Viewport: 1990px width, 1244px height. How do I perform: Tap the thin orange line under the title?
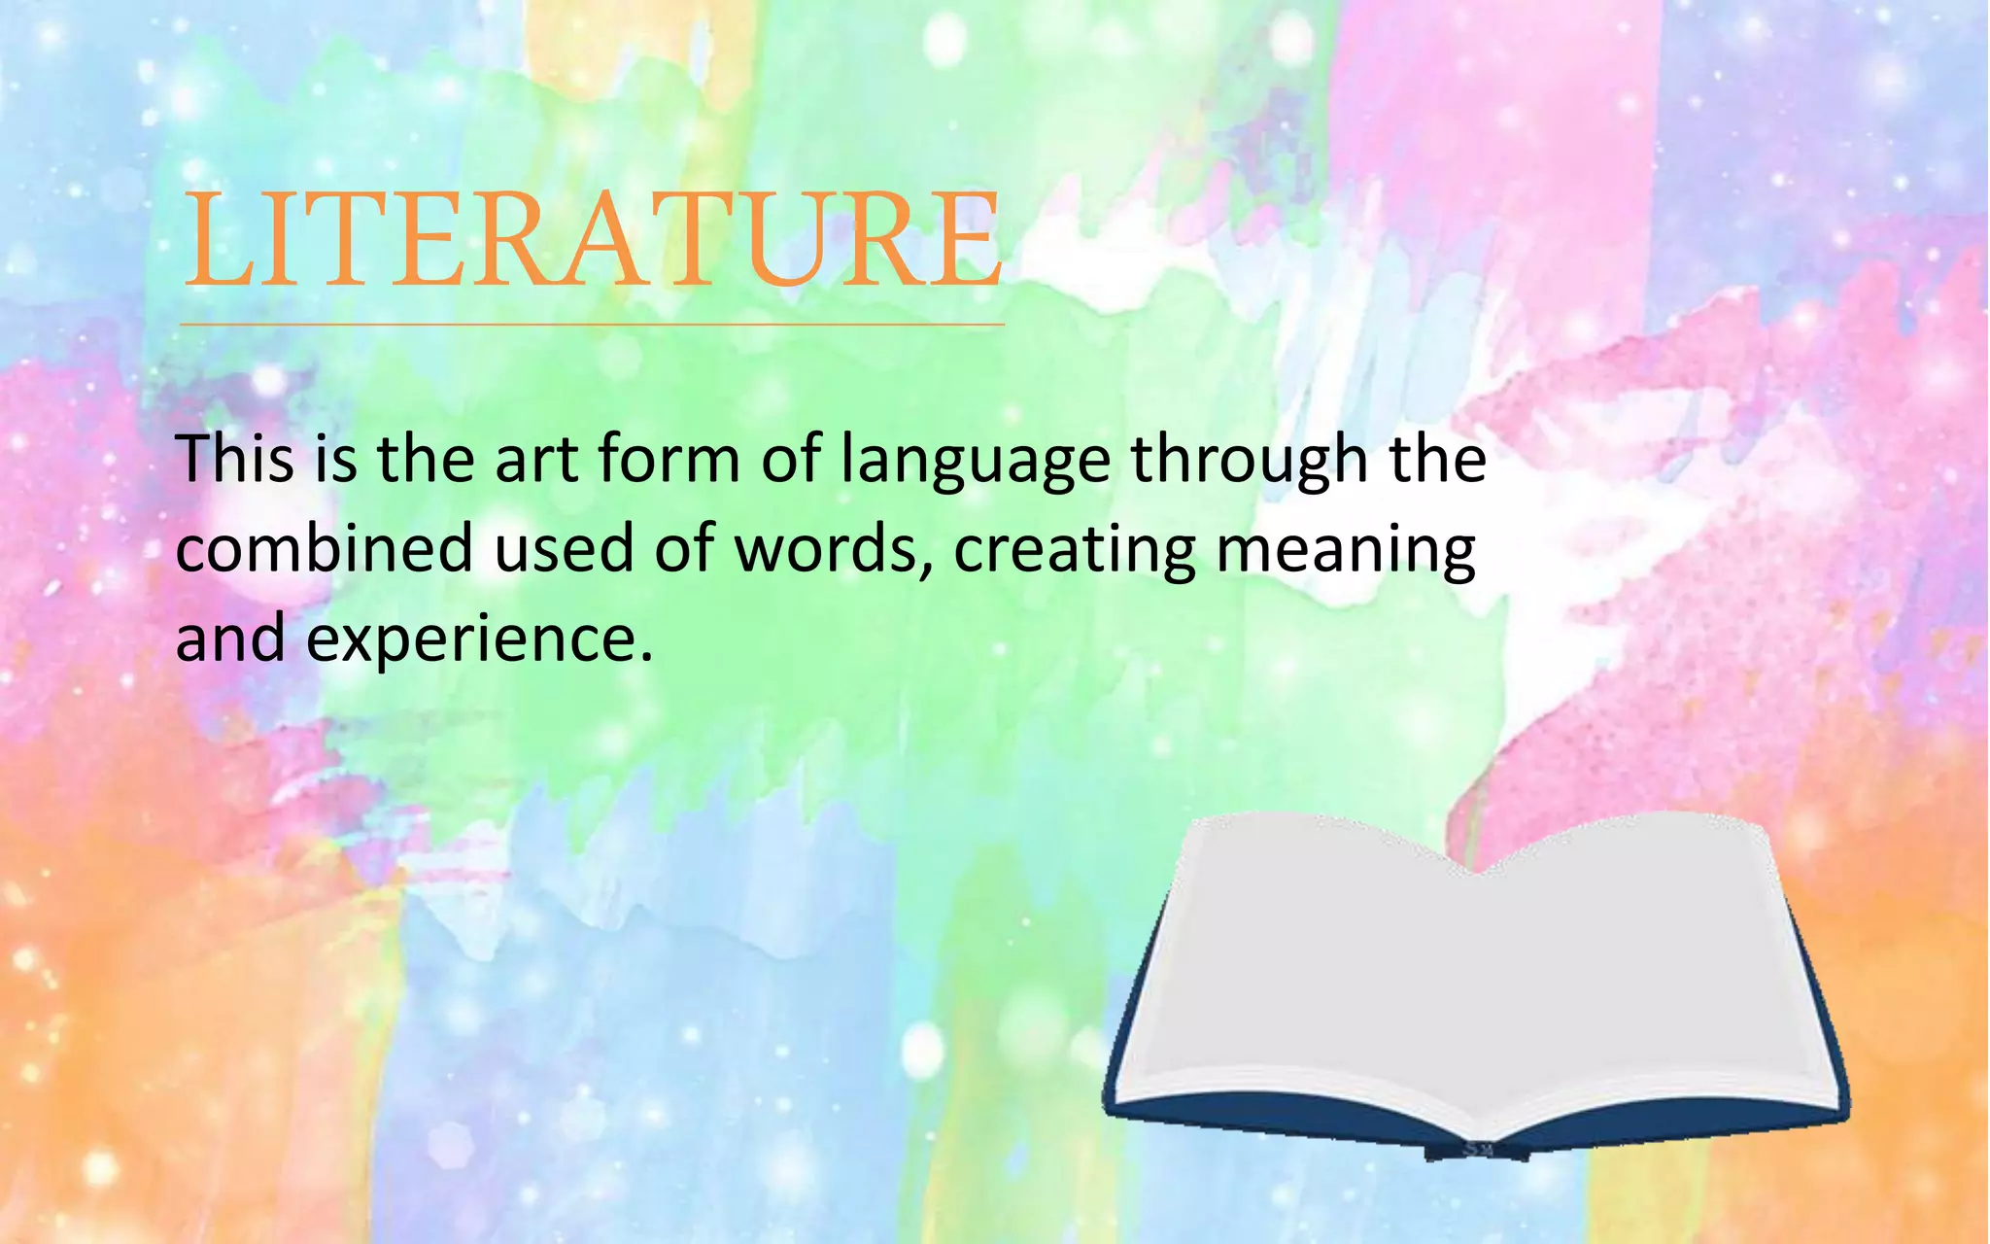[x=593, y=325]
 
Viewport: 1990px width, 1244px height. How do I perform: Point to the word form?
[x=669, y=459]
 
